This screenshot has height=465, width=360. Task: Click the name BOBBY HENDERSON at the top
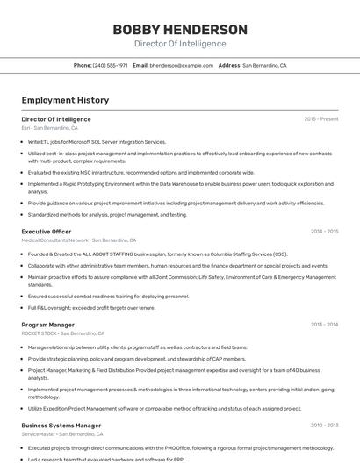(179, 29)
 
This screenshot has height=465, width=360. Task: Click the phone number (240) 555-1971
(110, 65)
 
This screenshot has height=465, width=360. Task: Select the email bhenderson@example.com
(182, 65)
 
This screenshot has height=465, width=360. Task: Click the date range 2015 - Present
(320, 118)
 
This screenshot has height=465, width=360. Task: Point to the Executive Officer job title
(46, 232)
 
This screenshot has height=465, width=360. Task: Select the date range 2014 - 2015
(324, 232)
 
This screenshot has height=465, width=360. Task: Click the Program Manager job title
(47, 325)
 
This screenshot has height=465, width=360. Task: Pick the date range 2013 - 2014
(324, 325)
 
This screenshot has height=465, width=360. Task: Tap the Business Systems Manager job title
(61, 426)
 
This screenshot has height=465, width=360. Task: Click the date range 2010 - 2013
(324, 426)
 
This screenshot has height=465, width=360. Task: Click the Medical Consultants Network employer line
(78, 240)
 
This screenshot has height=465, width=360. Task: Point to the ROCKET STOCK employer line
(62, 333)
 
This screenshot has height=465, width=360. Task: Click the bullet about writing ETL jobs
(97, 141)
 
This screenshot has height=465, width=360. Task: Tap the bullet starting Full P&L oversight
(91, 308)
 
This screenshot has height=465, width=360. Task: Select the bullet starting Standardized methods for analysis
(107, 214)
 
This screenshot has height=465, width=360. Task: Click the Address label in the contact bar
(229, 65)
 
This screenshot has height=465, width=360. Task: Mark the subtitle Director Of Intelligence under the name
(179, 44)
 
